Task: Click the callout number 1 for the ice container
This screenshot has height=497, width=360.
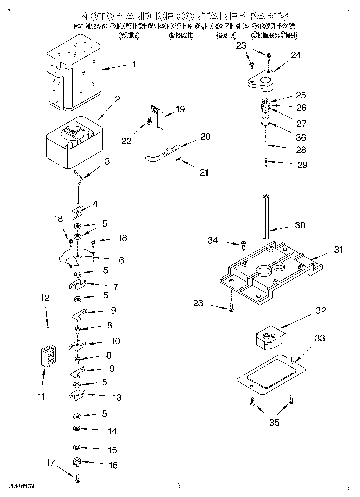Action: (x=134, y=65)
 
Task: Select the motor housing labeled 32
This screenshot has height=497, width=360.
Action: (x=270, y=338)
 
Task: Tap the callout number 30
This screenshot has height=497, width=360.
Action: (x=300, y=225)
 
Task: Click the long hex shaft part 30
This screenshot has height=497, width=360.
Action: (x=266, y=216)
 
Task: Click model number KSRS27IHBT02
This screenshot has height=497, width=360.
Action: (x=180, y=26)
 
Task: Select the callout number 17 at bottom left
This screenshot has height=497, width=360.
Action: (x=50, y=463)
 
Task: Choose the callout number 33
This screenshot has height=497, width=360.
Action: (x=320, y=338)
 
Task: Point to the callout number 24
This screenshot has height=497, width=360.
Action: (x=296, y=55)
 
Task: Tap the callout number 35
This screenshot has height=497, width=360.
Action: (x=274, y=422)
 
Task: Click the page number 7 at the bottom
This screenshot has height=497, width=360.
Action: (x=180, y=485)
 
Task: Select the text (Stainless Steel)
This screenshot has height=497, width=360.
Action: (x=274, y=35)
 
